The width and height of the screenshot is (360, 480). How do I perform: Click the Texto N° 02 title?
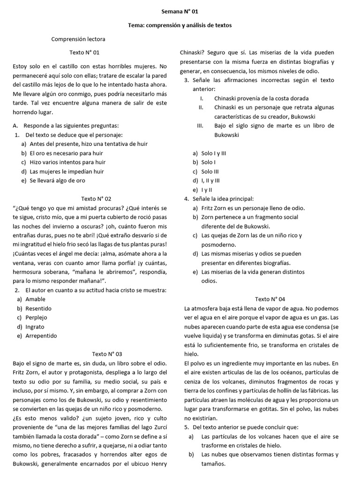tap(96, 199)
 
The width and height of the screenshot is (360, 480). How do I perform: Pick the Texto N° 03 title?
tap(107, 354)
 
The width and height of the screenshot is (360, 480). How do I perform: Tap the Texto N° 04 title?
tap(270, 299)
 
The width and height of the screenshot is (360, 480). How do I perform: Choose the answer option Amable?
tap(36, 299)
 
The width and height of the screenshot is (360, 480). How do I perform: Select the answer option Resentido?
tap(38, 308)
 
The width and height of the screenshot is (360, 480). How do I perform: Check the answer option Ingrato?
tap(35, 327)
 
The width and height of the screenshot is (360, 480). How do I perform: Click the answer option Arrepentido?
tap(41, 336)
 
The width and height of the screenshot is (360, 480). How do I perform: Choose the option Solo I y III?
tap(214, 153)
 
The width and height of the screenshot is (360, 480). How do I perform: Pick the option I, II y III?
tap(210, 180)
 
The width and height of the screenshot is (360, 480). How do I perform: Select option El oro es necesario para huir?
tap(66, 153)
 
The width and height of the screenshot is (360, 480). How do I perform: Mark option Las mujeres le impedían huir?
tap(67, 172)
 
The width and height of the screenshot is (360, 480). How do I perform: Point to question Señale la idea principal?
tap(223, 199)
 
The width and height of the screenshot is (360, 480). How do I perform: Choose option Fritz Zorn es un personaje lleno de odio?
tap(253, 208)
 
